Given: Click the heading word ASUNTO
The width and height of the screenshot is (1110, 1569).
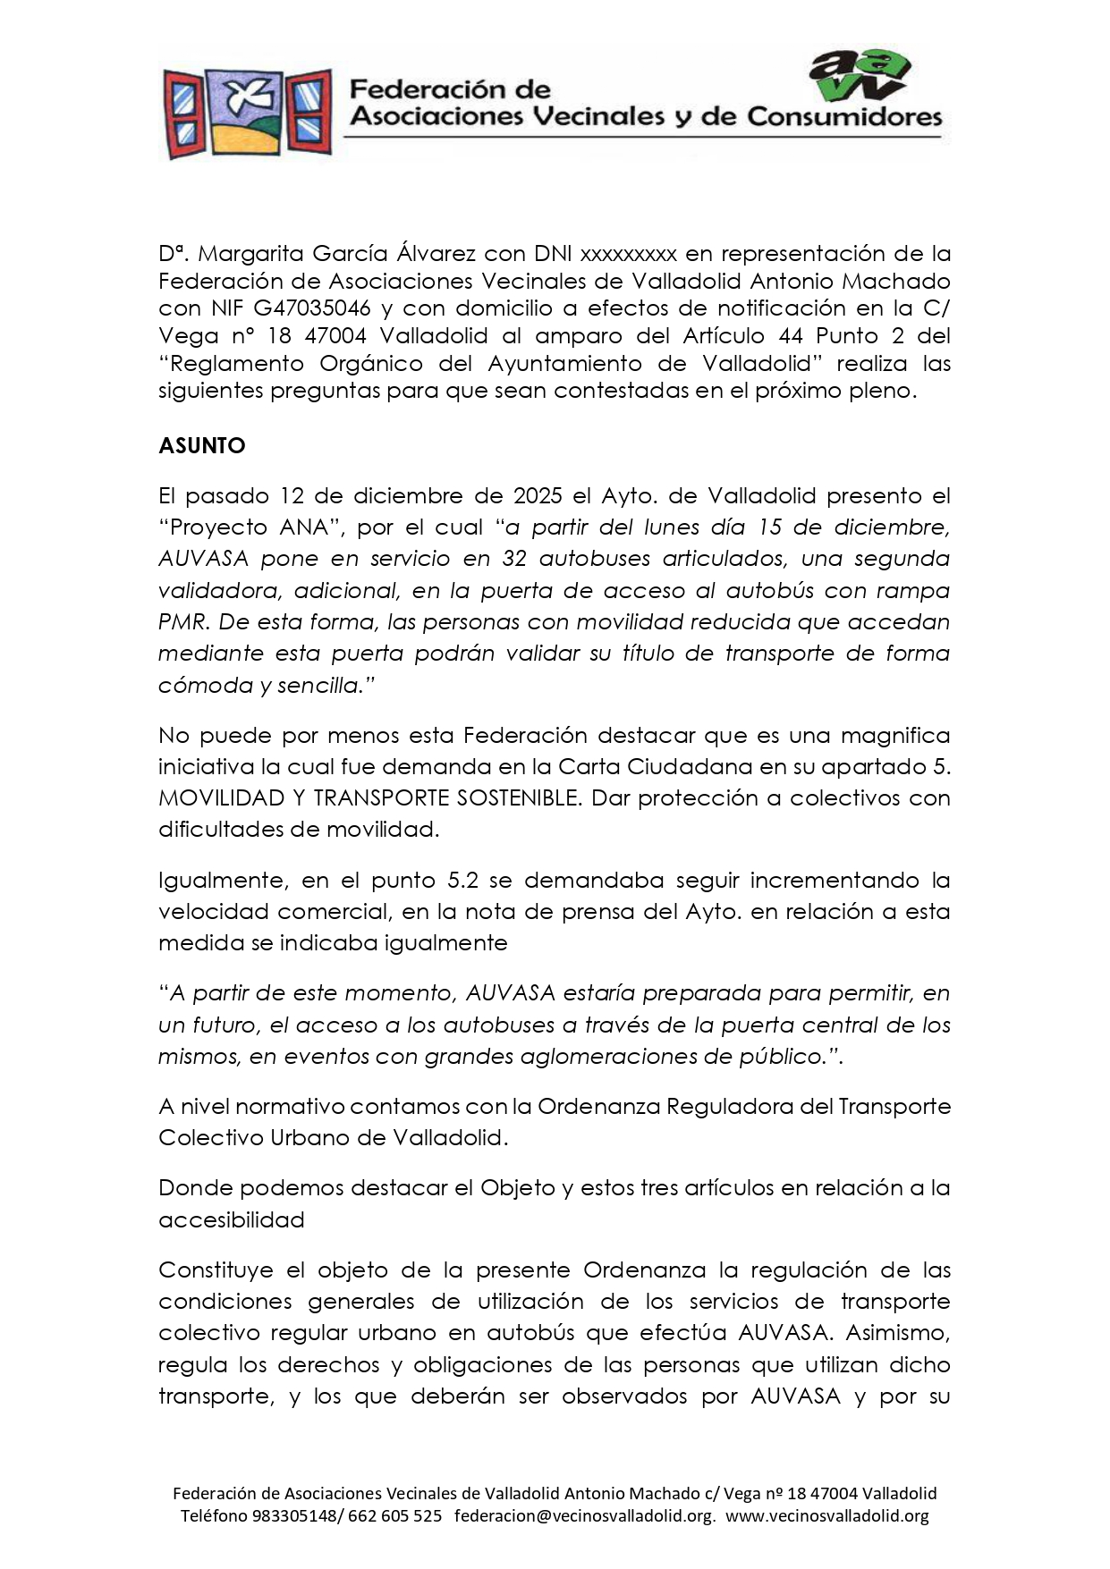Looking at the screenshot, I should coord(201,445).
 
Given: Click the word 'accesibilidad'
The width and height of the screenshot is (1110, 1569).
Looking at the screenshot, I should coord(231,1219).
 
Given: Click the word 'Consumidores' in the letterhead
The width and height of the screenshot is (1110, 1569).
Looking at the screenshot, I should coord(844,116).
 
